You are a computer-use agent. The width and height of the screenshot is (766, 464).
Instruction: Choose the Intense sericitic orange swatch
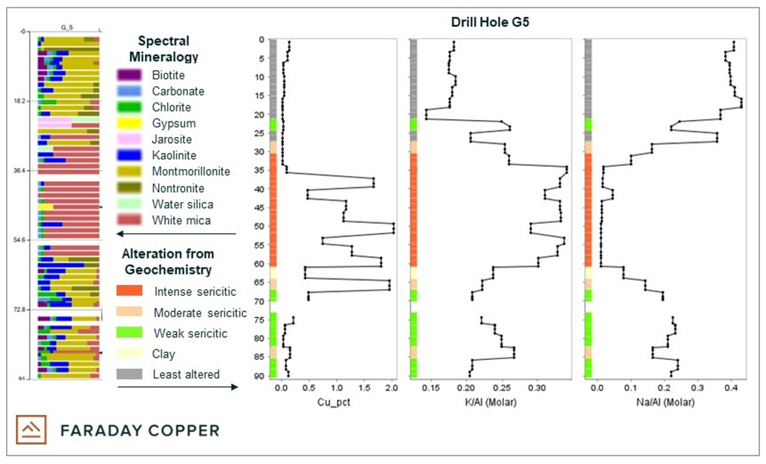click(x=129, y=291)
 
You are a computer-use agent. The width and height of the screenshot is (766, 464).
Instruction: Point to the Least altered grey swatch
click(x=129, y=374)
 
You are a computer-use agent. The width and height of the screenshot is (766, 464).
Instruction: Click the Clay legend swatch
click(x=129, y=354)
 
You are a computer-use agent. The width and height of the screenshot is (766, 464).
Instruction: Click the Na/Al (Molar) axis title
click(x=667, y=402)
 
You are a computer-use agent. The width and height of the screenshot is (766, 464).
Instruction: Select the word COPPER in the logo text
click(x=174, y=430)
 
